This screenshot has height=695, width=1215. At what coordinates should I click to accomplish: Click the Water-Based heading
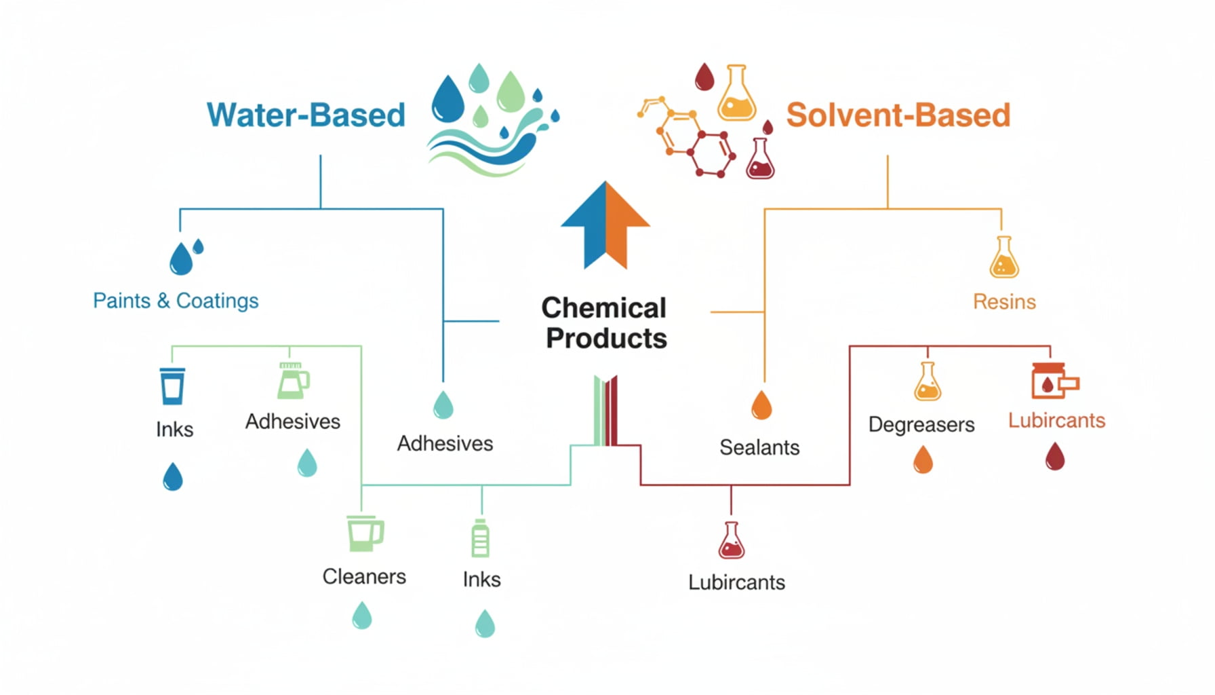point(306,115)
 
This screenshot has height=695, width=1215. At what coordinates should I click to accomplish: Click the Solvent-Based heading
point(898,115)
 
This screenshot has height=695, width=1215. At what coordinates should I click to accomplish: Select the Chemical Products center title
point(604,323)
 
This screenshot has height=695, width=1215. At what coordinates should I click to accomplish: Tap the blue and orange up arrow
point(605,225)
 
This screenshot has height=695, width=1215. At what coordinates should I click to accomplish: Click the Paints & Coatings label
point(176,301)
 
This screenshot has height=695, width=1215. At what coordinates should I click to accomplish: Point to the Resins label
point(1004,301)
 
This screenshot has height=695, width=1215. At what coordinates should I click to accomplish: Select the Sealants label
point(759,447)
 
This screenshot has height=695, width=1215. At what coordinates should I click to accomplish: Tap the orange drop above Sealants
point(761,405)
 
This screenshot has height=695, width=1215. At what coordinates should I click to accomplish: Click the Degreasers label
point(921,425)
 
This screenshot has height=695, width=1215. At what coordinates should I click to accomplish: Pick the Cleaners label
point(364,577)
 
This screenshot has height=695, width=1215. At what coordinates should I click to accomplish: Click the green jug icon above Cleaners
point(365,533)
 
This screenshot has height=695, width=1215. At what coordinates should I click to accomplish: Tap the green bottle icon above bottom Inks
point(480,539)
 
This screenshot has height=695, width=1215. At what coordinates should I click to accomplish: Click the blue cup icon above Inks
point(172,386)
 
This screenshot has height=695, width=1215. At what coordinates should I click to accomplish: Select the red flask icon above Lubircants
point(732,541)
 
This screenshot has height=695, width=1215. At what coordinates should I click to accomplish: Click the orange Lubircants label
point(1056,421)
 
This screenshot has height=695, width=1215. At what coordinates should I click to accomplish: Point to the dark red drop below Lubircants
point(1055,456)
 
